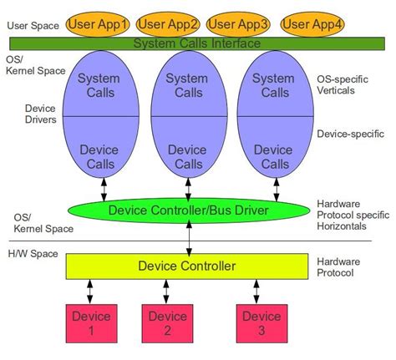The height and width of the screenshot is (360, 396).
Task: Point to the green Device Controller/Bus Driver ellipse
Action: (188, 210)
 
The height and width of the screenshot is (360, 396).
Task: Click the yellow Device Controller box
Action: (187, 266)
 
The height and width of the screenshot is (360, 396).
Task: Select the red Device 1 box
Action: (91, 323)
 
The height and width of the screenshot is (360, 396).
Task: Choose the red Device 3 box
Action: (262, 323)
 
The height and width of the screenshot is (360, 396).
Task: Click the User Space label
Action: (32, 25)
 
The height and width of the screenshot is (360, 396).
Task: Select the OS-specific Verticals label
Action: (344, 86)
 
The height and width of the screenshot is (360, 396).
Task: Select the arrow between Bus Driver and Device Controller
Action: (188, 238)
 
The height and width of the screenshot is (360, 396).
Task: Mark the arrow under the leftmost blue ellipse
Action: (104, 187)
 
